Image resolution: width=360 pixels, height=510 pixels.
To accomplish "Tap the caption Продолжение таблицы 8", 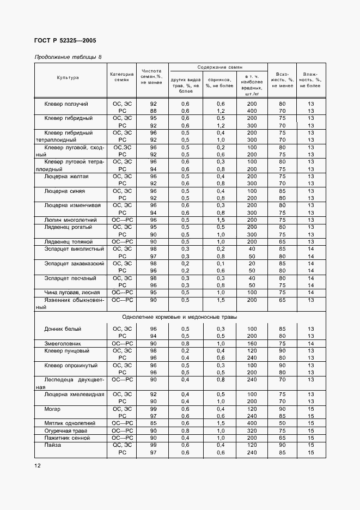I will click(68, 57).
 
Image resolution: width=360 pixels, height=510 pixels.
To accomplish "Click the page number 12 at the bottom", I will click(38, 465).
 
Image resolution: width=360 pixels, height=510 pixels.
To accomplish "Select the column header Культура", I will click(68, 77).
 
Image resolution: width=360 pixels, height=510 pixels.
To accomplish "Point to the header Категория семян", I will click(121, 77).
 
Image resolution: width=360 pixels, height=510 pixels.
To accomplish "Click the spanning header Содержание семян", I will click(218, 67).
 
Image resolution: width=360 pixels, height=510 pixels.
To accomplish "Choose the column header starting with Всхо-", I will click(282, 80).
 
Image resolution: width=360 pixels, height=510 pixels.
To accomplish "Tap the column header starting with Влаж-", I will click(310, 80).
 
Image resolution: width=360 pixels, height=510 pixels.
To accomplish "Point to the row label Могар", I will click(53, 408).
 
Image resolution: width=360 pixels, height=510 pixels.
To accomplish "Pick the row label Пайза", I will click(53, 445).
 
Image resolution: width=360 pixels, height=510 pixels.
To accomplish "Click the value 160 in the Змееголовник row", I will click(251, 343).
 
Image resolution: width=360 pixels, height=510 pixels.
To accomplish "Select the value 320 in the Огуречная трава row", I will click(251, 430).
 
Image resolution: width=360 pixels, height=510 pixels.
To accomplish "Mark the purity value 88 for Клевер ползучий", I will click(153, 111).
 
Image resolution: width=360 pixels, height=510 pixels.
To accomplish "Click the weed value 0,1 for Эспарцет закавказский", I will click(221, 263).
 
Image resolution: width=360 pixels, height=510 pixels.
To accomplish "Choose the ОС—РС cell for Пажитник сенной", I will click(122, 438).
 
